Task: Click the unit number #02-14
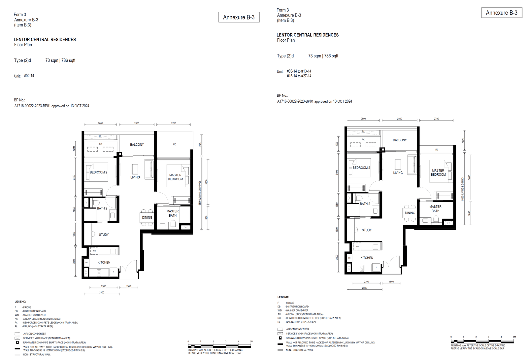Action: point(29,76)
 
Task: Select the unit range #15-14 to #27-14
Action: point(299,76)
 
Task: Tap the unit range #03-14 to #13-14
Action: point(299,71)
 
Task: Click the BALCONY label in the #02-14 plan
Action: point(137,145)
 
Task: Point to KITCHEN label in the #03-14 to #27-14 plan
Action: point(367,258)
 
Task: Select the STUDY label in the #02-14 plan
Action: point(104,235)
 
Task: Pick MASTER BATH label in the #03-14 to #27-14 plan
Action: point(436,209)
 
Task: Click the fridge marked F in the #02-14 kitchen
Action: point(114,272)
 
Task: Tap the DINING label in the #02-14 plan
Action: point(147,218)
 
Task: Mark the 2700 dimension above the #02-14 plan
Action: point(174,124)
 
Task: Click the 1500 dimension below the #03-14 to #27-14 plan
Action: point(391,282)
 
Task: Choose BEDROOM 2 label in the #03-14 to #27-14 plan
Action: point(361,168)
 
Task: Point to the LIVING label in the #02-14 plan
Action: point(135,177)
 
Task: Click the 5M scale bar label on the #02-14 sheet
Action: point(251,342)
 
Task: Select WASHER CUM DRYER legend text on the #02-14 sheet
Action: point(34,315)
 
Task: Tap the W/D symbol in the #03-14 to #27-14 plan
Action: point(357,246)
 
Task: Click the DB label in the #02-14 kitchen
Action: point(86,263)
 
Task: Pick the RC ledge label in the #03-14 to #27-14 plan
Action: point(437,150)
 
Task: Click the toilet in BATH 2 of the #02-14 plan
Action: point(96,202)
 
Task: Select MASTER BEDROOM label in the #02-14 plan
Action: point(175,177)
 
